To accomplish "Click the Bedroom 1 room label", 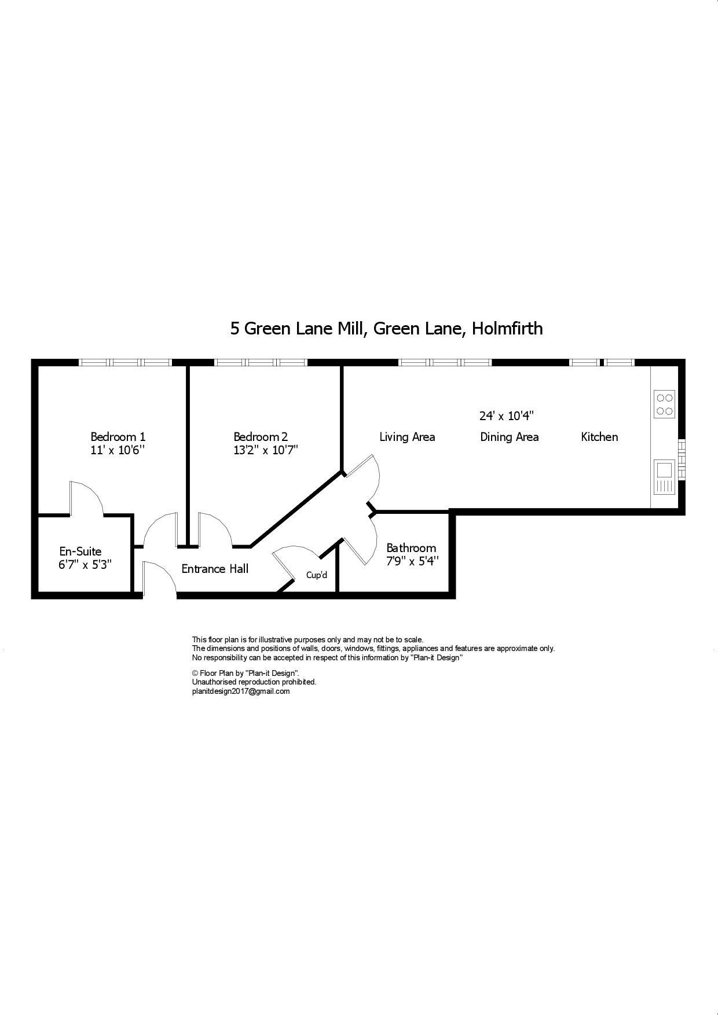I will [x=118, y=437].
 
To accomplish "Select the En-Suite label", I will [x=80, y=551].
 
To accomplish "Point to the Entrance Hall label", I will [x=215, y=569].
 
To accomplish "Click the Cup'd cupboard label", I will [x=317, y=575].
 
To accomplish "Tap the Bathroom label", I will [x=411, y=547].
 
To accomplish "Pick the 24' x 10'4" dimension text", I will [x=506, y=415].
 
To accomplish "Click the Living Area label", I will [x=407, y=437].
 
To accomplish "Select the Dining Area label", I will [x=509, y=437].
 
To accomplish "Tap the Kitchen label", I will [x=599, y=437].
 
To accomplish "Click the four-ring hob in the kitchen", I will [x=665, y=404].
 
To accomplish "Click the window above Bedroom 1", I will [x=125, y=363].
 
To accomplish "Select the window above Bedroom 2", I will [x=261, y=363].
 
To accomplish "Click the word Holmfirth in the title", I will [x=507, y=329].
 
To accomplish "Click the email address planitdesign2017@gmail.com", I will [x=241, y=692].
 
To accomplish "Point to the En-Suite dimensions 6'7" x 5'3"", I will [x=85, y=565].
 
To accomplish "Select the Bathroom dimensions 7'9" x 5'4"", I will [x=413, y=561].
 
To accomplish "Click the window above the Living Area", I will [x=445, y=363].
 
